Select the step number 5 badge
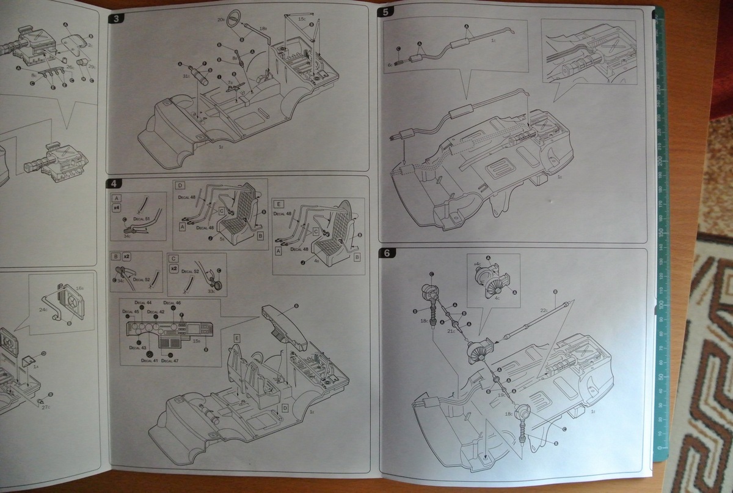pyautogui.click(x=387, y=12)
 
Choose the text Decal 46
pyautogui.click(x=172, y=303)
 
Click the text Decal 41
pyautogui.click(x=150, y=360)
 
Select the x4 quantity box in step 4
pyautogui.click(x=116, y=208)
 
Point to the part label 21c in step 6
pyautogui.click(x=452, y=330)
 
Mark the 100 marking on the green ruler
pyautogui.click(x=660, y=303)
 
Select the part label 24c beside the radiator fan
pyautogui.click(x=44, y=310)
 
